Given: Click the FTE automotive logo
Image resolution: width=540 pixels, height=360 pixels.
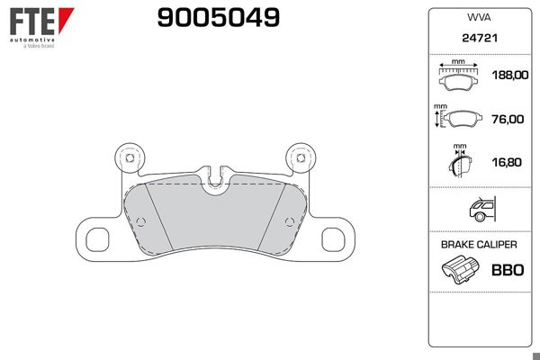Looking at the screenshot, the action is point(41,28).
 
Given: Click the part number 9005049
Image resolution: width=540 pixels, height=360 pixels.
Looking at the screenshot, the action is point(219,18).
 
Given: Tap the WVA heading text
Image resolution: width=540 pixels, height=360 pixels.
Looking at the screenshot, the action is point(479,17).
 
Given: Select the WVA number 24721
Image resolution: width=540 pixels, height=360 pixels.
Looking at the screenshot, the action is point(480,38).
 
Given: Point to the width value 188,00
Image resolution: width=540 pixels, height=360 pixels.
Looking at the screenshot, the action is point(510,75).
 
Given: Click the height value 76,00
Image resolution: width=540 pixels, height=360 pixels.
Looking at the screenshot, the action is point(508,119).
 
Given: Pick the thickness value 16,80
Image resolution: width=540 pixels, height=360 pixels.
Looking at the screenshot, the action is point(507,162).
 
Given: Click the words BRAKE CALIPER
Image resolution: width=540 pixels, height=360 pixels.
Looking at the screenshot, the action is point(479,245).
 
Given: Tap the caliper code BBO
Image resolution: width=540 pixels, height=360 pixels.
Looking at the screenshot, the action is point(508,270).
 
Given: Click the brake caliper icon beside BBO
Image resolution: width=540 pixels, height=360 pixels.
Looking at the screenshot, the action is point(460,270).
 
